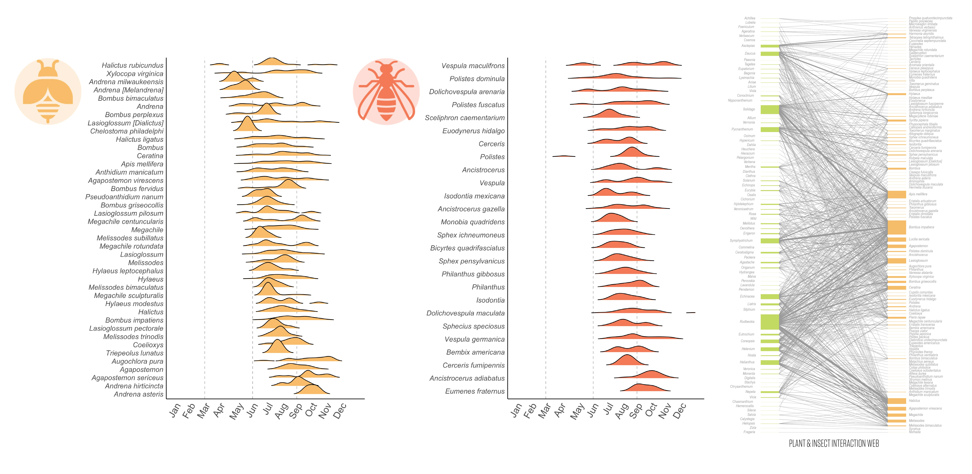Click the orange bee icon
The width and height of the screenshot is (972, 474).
(48, 91)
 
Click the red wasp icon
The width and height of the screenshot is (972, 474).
(386, 91)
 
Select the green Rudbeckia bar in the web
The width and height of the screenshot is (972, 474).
(770, 322)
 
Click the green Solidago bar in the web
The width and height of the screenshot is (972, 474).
(770, 109)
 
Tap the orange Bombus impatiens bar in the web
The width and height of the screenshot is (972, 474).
(896, 227)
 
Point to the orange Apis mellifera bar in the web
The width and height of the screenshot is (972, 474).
(896, 194)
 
